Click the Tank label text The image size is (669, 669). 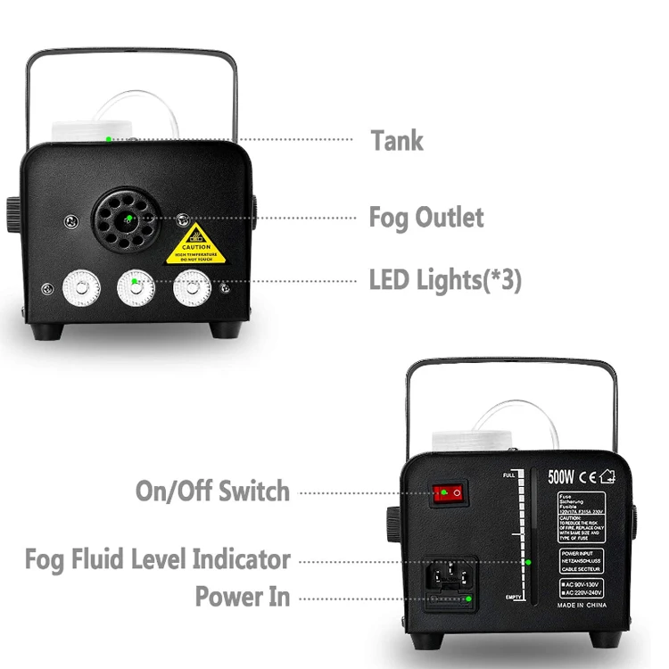pos(397,140)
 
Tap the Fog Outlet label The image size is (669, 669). pos(426,218)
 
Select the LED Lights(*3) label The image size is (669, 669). pos(445,280)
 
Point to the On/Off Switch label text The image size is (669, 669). pos(212,491)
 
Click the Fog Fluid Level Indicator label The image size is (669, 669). pos(157,560)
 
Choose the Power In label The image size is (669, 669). pos(243,597)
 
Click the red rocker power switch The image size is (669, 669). pos(450,492)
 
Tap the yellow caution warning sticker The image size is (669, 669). pos(196,244)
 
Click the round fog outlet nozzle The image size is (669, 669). pos(128,219)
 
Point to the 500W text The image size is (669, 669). pos(561,476)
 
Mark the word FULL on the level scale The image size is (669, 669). pos(511,474)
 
